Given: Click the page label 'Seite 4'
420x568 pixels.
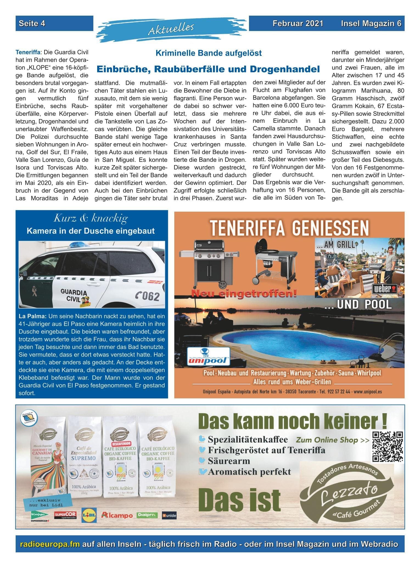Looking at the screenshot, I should point(32,24).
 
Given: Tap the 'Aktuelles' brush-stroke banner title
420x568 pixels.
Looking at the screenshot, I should point(171,29).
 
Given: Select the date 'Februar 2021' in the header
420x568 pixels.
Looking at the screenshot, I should point(298,24).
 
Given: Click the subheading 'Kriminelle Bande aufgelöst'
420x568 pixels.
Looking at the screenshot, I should point(208,53).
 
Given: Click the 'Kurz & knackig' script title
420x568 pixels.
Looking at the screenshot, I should point(91,219).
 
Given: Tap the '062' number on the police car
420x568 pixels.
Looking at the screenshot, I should point(148,296).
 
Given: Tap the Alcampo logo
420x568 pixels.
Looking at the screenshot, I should point(117,515).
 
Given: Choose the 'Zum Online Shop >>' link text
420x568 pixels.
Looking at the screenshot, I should point(332,440).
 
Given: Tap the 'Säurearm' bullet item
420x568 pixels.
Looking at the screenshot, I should point(228,461).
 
